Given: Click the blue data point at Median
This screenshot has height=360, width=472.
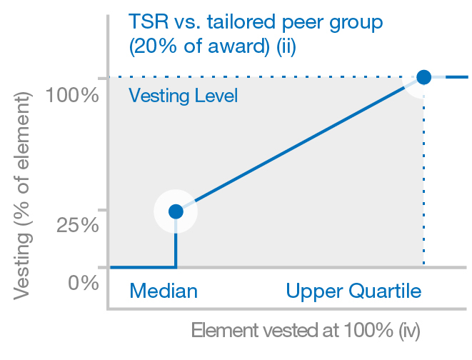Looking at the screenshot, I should pyautogui.click(x=176, y=211).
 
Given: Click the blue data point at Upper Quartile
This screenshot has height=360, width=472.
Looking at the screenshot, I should pyautogui.click(x=423, y=77).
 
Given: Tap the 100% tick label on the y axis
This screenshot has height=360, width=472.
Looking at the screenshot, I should pyautogui.click(x=71, y=95).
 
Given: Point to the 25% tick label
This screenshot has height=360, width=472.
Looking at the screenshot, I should pyautogui.click(x=77, y=225).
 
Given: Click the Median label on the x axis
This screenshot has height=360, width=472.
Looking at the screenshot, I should pyautogui.click(x=163, y=291).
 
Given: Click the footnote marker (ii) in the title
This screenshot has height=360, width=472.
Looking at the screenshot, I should pyautogui.click(x=283, y=48).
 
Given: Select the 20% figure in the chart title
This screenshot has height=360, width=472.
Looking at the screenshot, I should pyautogui.click(x=149, y=48).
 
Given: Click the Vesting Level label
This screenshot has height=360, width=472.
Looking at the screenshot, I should pyautogui.click(x=183, y=96).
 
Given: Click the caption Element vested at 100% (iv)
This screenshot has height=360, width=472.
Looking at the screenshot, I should pyautogui.click(x=305, y=331).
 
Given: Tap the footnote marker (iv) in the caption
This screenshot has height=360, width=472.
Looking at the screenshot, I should pyautogui.click(x=409, y=331).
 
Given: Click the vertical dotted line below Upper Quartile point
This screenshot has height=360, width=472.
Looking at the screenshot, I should pyautogui.click(x=423, y=179).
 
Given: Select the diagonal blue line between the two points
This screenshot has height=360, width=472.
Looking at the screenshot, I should pyautogui.click(x=300, y=144).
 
